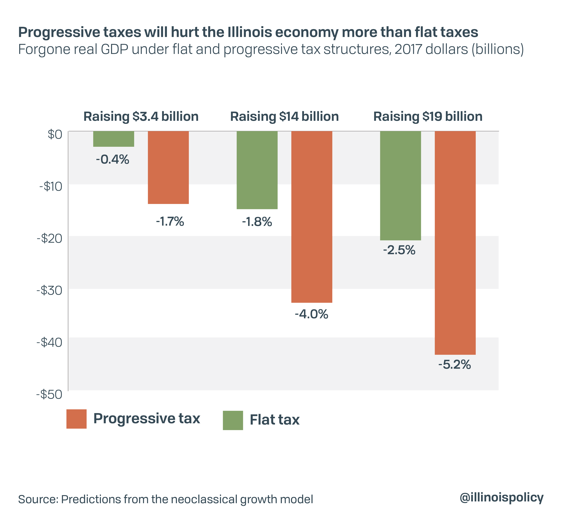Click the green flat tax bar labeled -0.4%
point(114,139)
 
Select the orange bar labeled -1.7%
point(168,167)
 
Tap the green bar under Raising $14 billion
point(257,170)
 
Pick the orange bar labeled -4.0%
point(312,217)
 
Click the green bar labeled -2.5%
point(401,186)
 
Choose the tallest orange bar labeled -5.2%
point(455,243)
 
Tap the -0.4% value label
point(113,160)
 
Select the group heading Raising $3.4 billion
point(141,116)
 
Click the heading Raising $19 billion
point(428,116)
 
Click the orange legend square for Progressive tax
point(76,419)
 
